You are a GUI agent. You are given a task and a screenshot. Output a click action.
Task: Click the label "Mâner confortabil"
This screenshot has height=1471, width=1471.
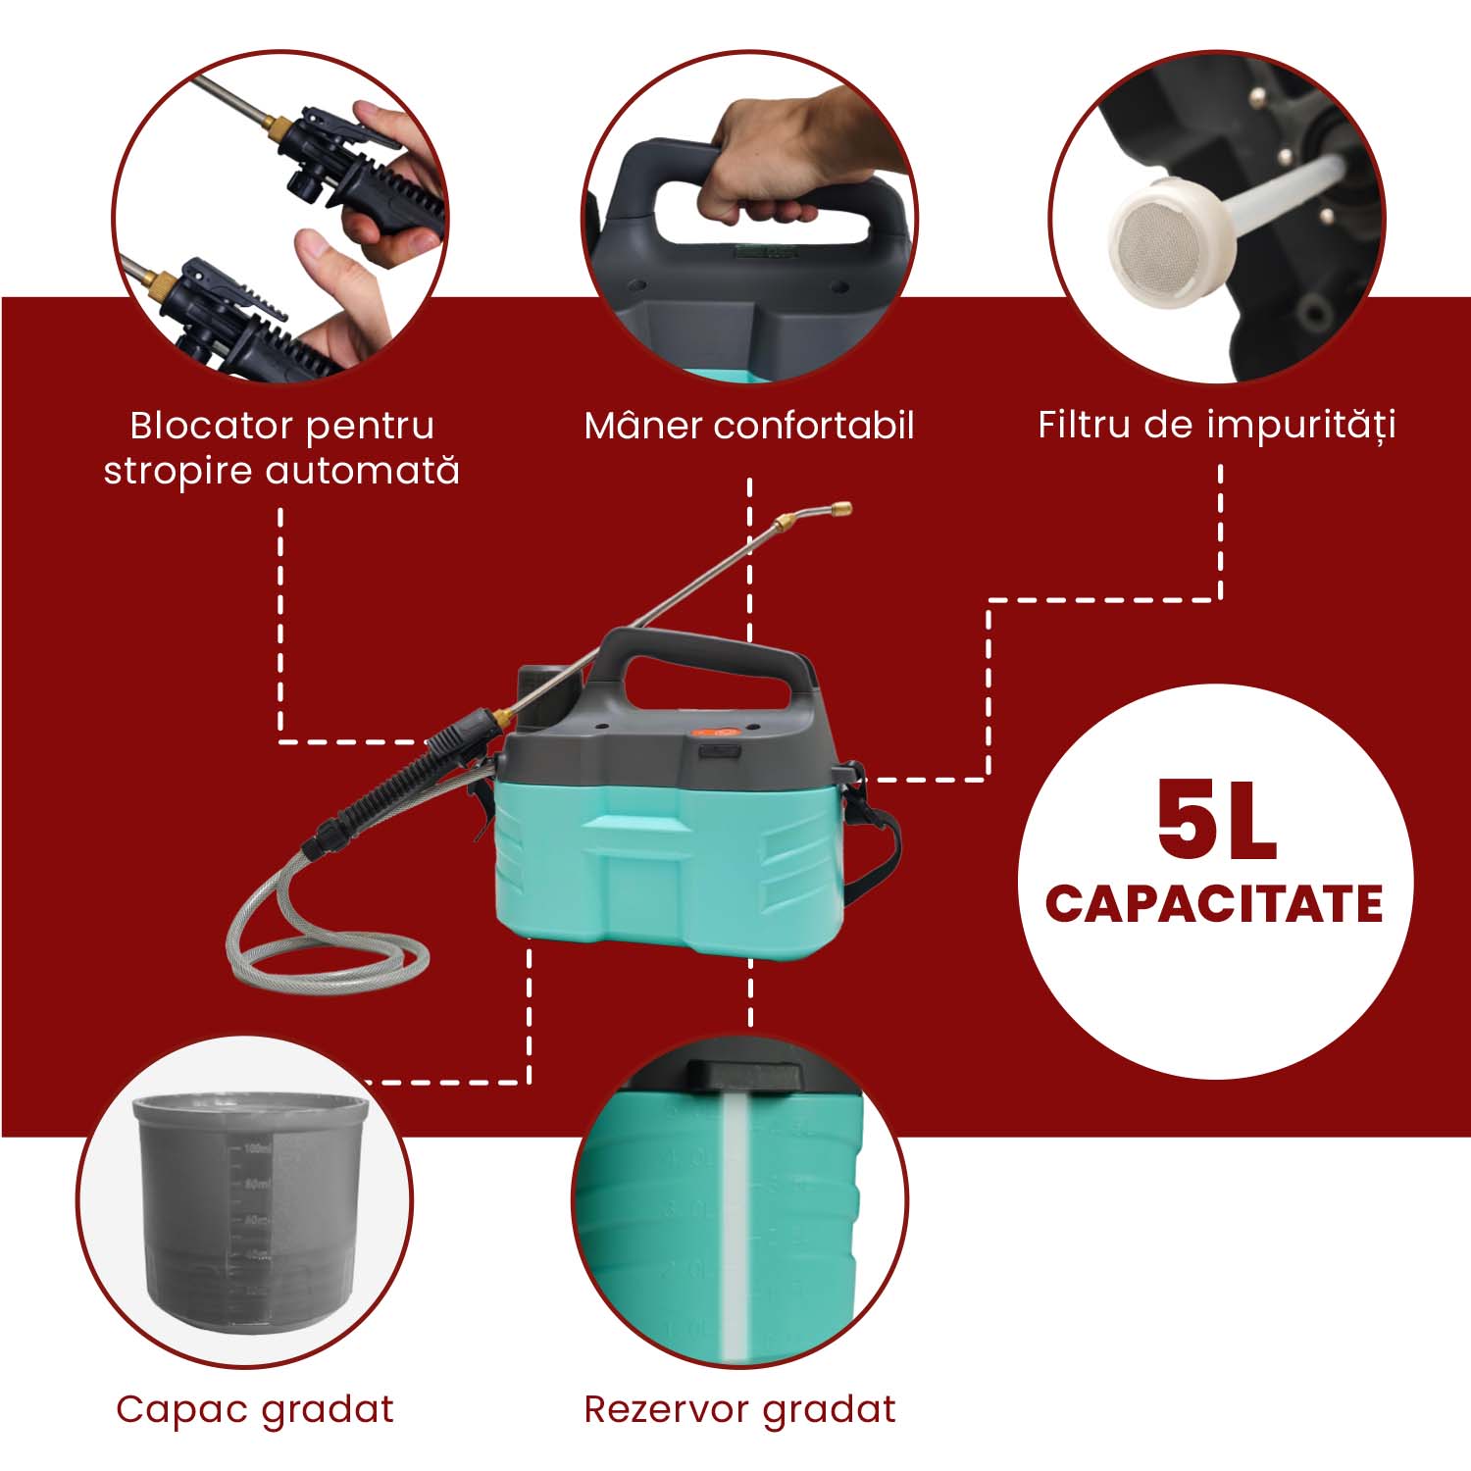(x=749, y=426)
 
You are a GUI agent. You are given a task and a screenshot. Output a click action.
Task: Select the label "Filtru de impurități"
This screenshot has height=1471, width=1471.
(x=1216, y=426)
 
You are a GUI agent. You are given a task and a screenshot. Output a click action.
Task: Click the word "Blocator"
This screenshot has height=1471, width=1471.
(x=211, y=426)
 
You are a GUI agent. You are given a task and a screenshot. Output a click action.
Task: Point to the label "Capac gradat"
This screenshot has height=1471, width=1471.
(x=255, y=1409)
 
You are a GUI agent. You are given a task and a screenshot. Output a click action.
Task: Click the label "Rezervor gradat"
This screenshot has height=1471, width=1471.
(x=739, y=1409)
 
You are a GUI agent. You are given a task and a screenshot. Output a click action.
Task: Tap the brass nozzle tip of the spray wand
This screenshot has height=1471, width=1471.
(x=841, y=509)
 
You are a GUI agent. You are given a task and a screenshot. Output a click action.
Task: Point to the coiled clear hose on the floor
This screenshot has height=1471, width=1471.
(x=324, y=956)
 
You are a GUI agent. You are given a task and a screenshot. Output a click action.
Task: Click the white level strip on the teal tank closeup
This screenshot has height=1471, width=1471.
(x=735, y=1226)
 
